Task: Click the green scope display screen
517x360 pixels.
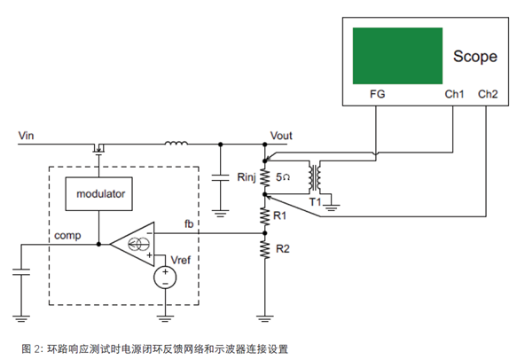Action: [397, 56]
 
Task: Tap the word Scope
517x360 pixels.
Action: [475, 57]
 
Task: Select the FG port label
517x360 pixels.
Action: [377, 94]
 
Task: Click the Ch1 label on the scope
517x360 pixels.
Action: [454, 94]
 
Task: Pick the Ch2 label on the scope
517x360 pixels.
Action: [488, 94]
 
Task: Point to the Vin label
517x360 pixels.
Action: [26, 136]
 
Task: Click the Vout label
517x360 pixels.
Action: [281, 136]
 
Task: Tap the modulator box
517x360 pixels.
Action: [99, 194]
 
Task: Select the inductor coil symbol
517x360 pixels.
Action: [176, 143]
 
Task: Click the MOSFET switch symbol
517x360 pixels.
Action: [98, 148]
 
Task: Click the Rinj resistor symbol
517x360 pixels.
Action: [265, 177]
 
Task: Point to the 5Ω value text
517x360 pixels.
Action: [283, 177]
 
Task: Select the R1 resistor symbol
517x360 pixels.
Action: [265, 215]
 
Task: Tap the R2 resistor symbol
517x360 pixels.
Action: [265, 249]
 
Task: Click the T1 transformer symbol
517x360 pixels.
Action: [315, 177]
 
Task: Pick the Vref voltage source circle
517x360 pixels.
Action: [165, 278]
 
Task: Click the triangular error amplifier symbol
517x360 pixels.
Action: [132, 245]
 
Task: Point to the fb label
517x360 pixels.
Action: [189, 224]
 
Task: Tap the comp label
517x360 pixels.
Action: [67, 236]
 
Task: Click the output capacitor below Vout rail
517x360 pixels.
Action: [220, 178]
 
